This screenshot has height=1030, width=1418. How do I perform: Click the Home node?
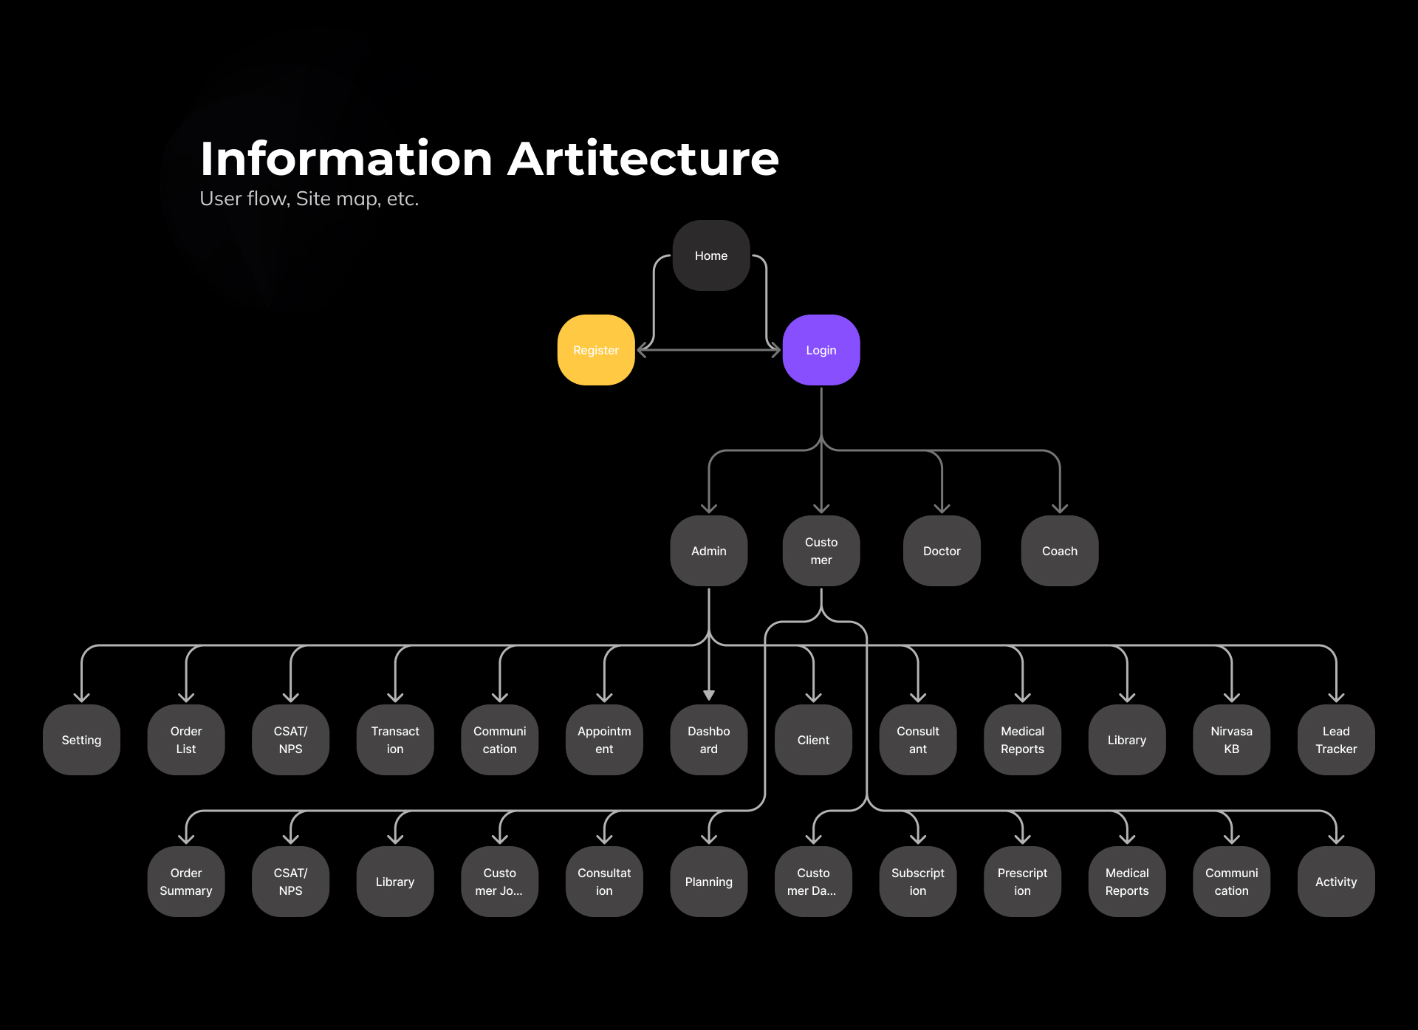(x=710, y=255)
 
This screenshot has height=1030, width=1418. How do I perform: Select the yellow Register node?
(x=596, y=350)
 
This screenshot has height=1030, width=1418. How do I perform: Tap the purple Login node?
(x=821, y=350)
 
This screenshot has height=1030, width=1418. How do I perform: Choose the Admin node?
(x=708, y=551)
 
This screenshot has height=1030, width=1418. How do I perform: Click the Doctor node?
(x=942, y=551)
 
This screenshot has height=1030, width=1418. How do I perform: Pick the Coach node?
(x=1059, y=551)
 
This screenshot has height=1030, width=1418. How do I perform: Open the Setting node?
(x=81, y=740)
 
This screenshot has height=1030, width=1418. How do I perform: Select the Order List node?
(x=186, y=740)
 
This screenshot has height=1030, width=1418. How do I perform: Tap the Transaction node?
(x=395, y=740)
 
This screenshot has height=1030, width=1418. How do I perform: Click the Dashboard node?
(x=708, y=740)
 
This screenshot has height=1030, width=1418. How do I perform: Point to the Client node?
(x=813, y=740)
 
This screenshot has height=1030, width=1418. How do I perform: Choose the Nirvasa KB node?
(x=1231, y=740)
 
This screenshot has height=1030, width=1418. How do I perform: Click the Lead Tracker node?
(x=1336, y=740)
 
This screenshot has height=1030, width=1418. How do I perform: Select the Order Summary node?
(x=186, y=882)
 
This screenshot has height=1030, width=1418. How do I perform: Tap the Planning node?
(x=708, y=882)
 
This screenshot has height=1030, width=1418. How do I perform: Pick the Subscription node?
(x=917, y=882)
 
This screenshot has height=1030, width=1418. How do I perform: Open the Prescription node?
(x=1022, y=882)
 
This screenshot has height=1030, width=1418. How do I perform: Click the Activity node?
(x=1336, y=882)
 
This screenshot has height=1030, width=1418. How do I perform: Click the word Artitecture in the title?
(x=643, y=159)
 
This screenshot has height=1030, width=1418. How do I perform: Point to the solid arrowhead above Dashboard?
(x=708, y=695)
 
